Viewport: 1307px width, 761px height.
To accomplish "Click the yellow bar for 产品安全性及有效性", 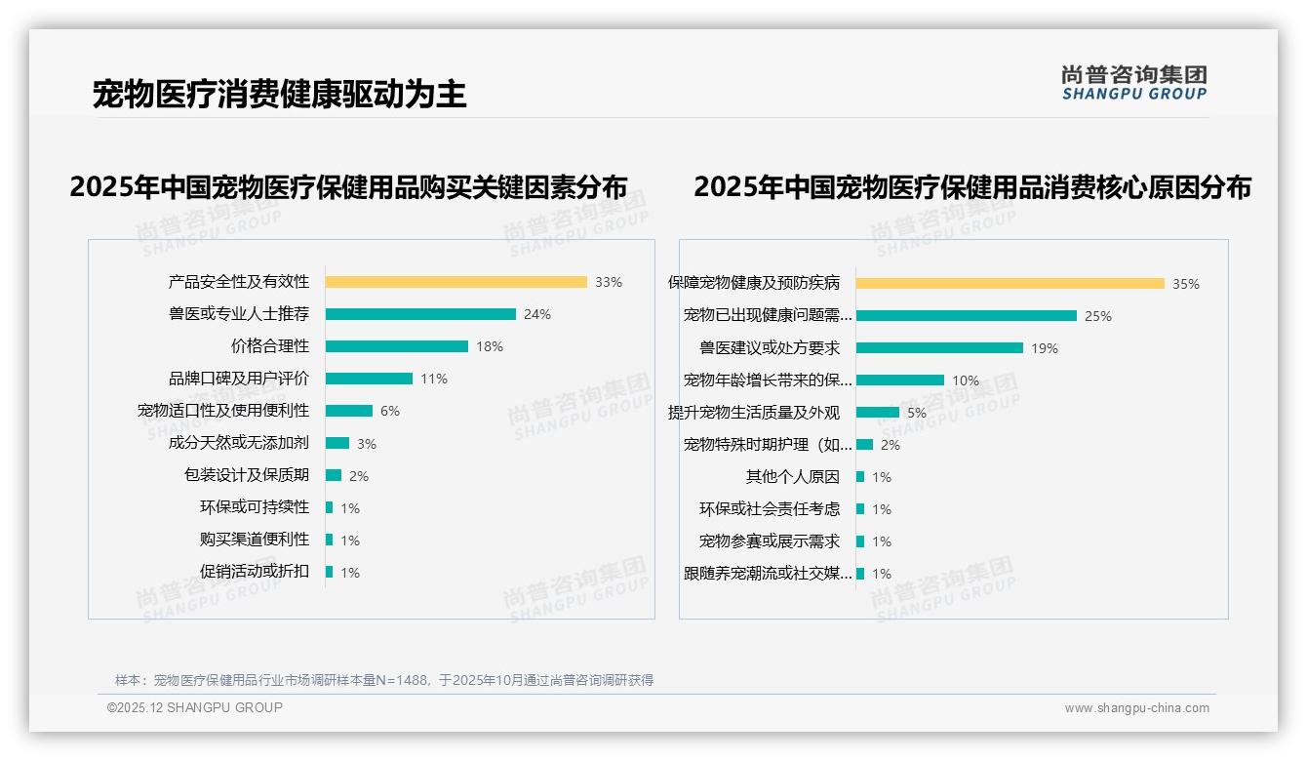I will [x=455, y=282].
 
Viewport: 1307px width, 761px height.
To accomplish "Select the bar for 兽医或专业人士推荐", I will [x=420, y=314].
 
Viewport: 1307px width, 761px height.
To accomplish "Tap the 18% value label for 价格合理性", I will [x=490, y=346].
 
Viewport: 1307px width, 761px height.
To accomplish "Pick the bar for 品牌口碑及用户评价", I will [x=369, y=379].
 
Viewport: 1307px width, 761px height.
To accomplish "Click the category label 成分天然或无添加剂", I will [x=238, y=443].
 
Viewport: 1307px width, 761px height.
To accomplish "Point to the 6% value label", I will [x=390, y=411].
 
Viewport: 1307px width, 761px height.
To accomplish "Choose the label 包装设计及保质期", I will [x=246, y=475].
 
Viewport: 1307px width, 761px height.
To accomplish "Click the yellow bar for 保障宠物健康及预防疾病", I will [x=1010, y=284].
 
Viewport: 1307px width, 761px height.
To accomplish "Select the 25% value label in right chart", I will [x=1098, y=316].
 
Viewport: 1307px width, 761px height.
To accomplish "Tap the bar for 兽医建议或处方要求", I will [x=939, y=348].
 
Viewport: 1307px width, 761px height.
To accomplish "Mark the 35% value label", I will [x=1186, y=284].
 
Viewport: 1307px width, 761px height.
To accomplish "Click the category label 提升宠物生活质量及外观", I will [x=753, y=413].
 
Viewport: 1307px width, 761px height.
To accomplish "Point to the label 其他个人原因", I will [x=792, y=477].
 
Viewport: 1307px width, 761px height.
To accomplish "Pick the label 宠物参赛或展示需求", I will [x=769, y=541].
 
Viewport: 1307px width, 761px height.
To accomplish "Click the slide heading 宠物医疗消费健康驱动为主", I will [x=279, y=94].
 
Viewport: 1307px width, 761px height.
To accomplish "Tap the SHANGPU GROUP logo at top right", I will [x=1133, y=83].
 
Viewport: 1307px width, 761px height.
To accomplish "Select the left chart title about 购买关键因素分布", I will [x=348, y=187].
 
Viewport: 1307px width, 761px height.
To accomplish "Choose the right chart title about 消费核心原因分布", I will [x=972, y=187].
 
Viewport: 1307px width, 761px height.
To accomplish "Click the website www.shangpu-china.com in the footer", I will [x=1136, y=708].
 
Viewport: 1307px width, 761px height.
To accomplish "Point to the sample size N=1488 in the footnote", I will [x=402, y=680].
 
